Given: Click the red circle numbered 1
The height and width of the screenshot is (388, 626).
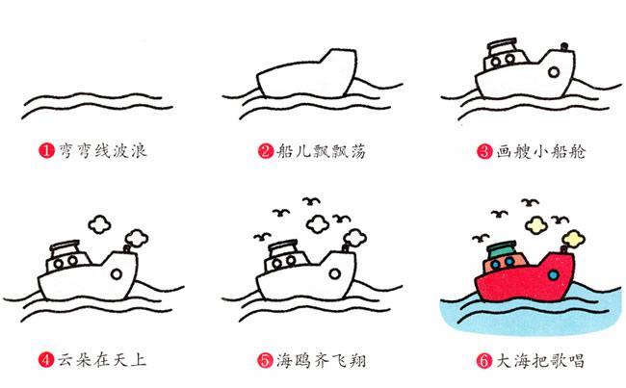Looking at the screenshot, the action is click(46, 151).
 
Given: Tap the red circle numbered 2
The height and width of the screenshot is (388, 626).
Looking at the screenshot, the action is click(266, 151).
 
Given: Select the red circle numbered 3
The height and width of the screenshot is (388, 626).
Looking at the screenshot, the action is click(484, 152).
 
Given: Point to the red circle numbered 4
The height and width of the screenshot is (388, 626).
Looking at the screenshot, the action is click(46, 360).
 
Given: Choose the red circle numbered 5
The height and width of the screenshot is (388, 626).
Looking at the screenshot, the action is click(265, 360).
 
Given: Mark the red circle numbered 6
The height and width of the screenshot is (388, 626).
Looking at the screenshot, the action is click(483, 361).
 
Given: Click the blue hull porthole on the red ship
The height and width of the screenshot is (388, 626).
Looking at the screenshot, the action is click(554, 274).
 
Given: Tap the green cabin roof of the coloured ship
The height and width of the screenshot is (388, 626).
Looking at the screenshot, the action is click(502, 250).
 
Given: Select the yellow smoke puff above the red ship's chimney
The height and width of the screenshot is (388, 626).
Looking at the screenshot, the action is click(574, 239).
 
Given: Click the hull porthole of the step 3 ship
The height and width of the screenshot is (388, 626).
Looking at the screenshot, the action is click(554, 72).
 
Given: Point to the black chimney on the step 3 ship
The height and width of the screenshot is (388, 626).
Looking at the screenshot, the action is click(563, 47).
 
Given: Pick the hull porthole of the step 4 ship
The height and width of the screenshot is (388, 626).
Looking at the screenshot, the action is click(117, 274).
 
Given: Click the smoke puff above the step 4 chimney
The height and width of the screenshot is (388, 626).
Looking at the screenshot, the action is click(137, 238).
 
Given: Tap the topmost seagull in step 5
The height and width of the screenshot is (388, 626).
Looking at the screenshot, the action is click(311, 200).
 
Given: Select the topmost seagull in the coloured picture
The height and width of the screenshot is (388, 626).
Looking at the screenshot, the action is click(530, 201).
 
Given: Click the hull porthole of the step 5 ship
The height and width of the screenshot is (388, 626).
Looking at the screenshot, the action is click(334, 273).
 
